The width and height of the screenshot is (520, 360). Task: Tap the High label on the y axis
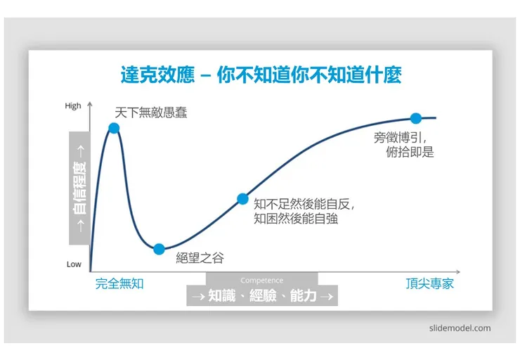(73, 106)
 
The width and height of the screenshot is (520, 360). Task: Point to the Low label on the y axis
(74, 264)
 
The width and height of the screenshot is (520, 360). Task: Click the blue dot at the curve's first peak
(114, 128)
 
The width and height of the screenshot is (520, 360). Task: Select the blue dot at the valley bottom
(159, 249)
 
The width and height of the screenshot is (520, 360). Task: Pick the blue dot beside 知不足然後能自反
(242, 199)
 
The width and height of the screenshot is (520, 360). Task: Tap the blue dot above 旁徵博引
(415, 118)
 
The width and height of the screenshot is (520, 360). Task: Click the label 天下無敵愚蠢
(151, 112)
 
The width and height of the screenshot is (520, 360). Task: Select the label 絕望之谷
(200, 258)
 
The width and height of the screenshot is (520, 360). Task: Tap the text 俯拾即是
(410, 152)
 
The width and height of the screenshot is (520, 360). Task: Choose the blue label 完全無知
(119, 283)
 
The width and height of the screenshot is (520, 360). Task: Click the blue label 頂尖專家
(429, 283)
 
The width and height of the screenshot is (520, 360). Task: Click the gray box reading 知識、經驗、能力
(261, 295)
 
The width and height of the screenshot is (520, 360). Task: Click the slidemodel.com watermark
(460, 328)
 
